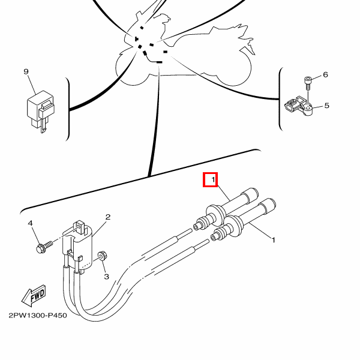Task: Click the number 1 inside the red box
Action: [x=213, y=179]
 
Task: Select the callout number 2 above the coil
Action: [x=107, y=217]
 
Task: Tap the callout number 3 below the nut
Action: [x=106, y=277]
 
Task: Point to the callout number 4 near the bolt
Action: [x=31, y=223]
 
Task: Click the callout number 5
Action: [x=327, y=106]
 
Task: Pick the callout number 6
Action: [x=325, y=74]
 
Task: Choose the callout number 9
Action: [x=26, y=71]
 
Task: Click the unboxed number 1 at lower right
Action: [x=273, y=240]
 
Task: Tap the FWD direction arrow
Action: [x=34, y=296]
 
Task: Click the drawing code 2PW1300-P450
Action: [x=38, y=315]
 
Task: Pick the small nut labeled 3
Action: [x=102, y=256]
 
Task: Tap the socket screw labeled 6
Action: [x=308, y=83]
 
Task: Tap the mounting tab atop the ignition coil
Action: [x=79, y=227]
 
